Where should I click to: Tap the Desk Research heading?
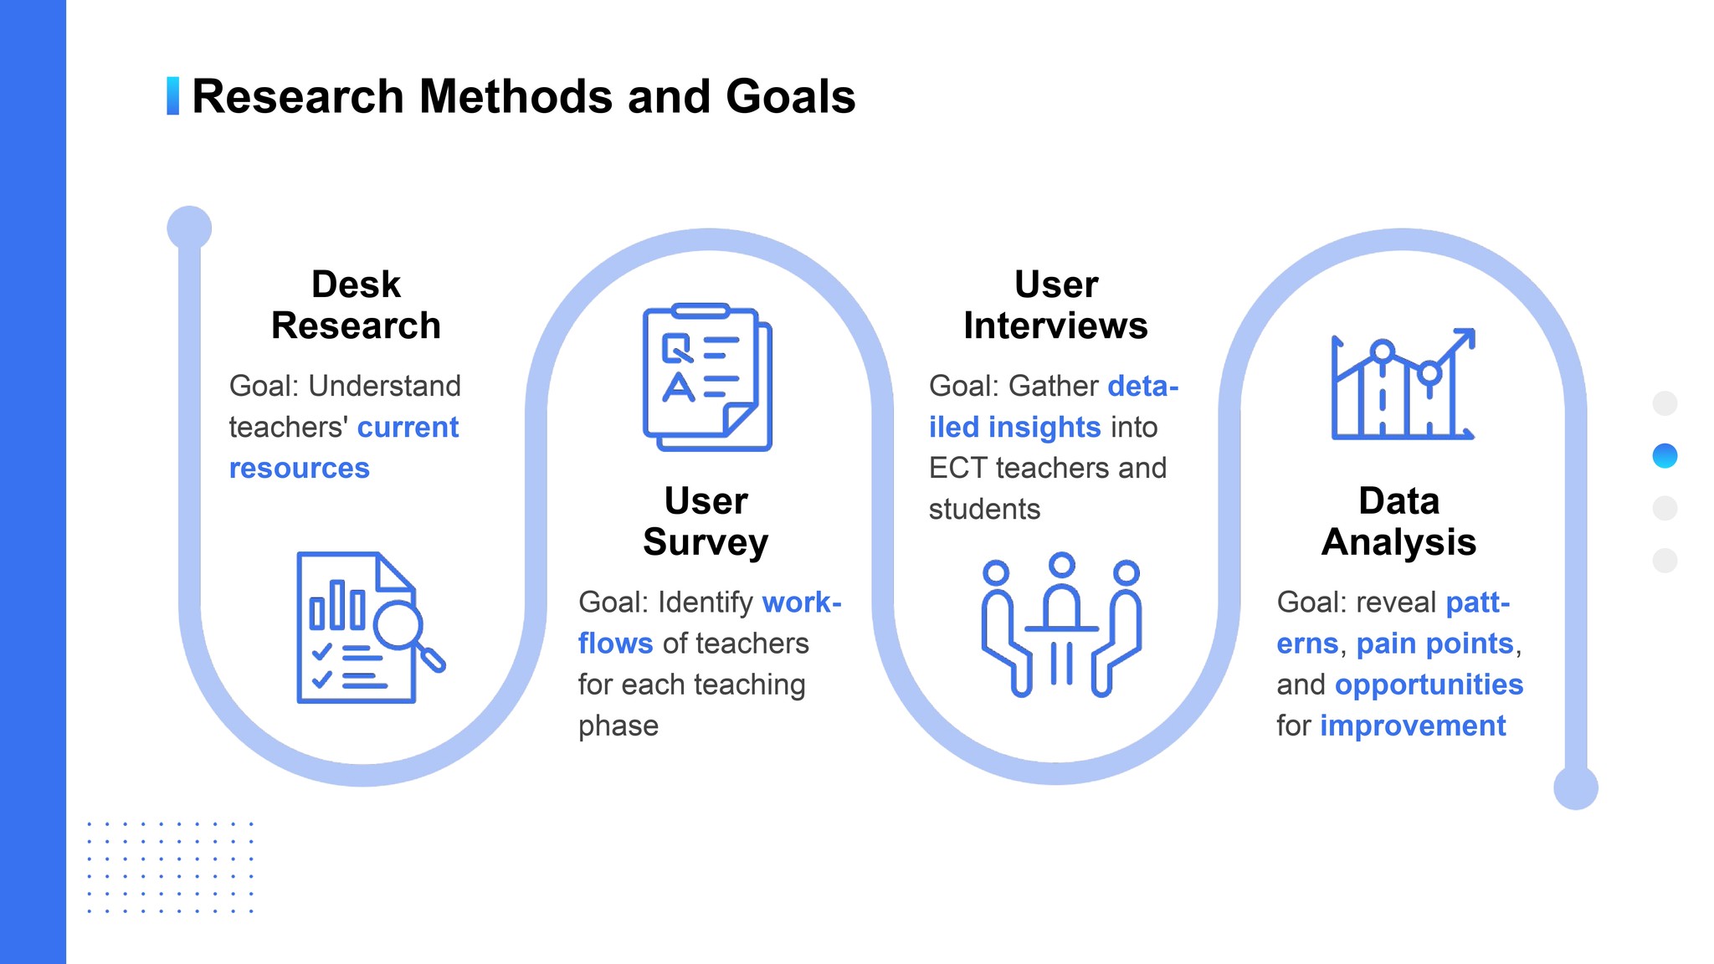click(x=356, y=305)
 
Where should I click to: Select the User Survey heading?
click(x=706, y=521)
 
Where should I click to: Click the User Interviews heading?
click(x=1055, y=305)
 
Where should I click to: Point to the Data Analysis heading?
click(x=1398, y=521)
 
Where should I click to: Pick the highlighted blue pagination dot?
click(x=1665, y=456)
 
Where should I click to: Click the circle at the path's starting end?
click(x=189, y=228)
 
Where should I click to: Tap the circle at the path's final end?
click(x=1575, y=787)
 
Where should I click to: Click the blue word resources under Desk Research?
click(x=299, y=469)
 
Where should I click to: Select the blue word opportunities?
click(x=1429, y=685)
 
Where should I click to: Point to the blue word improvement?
click(x=1413, y=726)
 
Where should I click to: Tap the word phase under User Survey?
click(x=618, y=726)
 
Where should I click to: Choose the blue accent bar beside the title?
click(x=172, y=96)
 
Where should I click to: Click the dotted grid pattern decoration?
click(x=170, y=867)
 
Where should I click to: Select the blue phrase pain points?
click(x=1434, y=644)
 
